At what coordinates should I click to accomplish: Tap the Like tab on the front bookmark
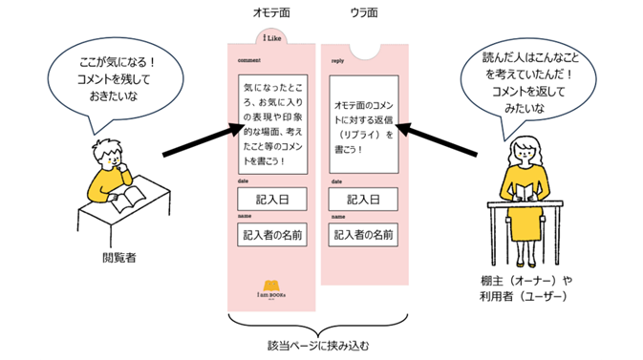[271, 38]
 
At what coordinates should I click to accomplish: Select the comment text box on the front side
[272, 125]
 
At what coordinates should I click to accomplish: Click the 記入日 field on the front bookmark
[272, 201]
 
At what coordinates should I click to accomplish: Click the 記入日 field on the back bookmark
[364, 201]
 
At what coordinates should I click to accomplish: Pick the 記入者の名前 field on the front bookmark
[272, 235]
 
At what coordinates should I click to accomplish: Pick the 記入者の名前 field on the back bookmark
[364, 235]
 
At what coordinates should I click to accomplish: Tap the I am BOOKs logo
[271, 287]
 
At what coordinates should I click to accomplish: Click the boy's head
[108, 153]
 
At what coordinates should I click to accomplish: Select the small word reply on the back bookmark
[337, 59]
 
